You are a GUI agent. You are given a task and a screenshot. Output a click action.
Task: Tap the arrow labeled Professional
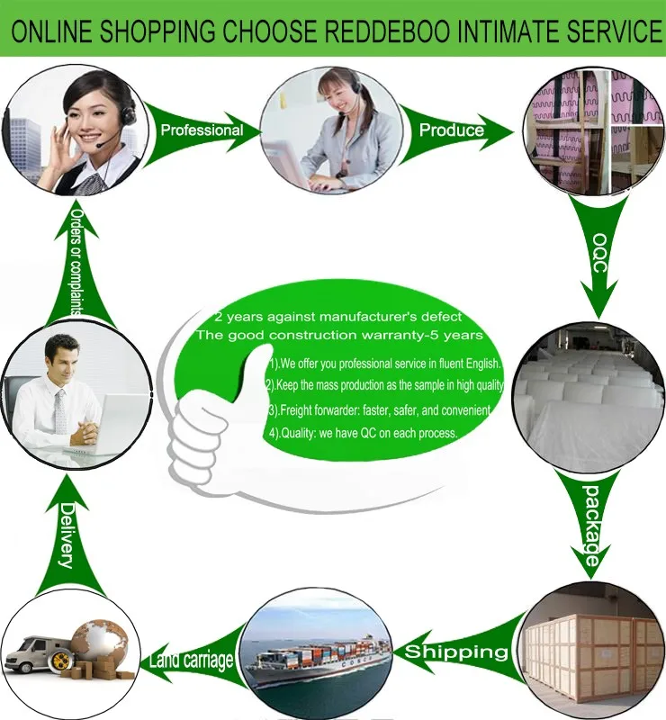[x=202, y=130]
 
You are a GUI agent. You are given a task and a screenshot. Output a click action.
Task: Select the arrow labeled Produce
[x=454, y=130]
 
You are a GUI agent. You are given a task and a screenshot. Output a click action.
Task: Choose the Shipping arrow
[x=455, y=651]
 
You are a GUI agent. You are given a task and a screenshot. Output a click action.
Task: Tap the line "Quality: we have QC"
[x=364, y=433]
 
